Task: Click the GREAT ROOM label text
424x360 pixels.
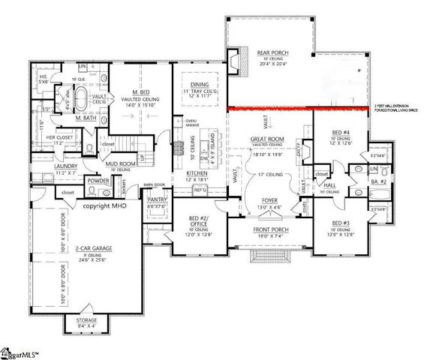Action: point(268,139)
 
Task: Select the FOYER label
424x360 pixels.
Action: point(268,200)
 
